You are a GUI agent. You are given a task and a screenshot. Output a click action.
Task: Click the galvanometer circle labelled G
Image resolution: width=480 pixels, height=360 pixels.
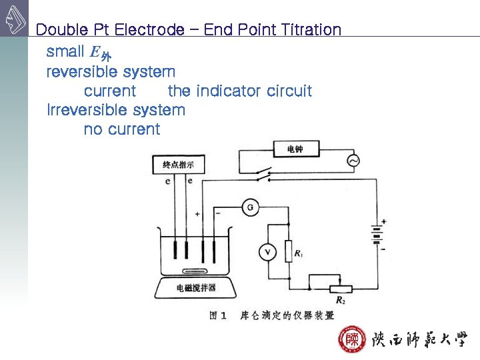tap(250, 208)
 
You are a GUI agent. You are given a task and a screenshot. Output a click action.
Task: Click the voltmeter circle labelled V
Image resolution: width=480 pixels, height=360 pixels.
tap(267, 251)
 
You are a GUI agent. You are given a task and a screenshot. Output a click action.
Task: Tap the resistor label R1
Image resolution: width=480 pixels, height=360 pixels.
tap(299, 254)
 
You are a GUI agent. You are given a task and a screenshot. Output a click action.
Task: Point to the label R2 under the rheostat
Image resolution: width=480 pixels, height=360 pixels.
tap(340, 300)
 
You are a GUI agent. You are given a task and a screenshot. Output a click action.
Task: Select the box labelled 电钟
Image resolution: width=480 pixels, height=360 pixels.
tap(295, 149)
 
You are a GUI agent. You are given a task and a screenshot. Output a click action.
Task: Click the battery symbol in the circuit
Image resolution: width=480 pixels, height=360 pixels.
tap(377, 235)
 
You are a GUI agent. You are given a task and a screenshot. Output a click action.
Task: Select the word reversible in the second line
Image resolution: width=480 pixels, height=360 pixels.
tap(78, 71)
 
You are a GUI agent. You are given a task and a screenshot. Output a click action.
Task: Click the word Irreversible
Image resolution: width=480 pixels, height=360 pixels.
tap(87, 109)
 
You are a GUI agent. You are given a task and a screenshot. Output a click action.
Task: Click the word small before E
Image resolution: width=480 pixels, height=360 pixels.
tap(65, 51)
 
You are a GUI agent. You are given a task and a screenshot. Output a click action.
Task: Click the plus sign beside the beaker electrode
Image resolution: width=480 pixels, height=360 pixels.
tap(197, 214)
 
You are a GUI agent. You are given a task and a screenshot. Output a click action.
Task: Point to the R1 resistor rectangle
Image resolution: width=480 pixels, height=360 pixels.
tap(288, 251)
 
